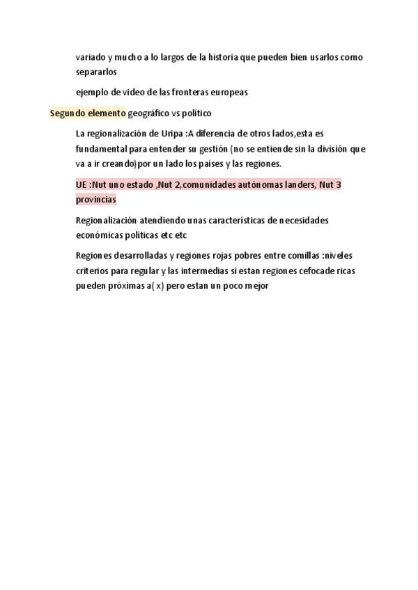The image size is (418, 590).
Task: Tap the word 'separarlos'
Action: [97, 72]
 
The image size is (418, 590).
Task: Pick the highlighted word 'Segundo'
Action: [67, 113]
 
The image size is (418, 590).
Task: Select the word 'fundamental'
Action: [102, 149]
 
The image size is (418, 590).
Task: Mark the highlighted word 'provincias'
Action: [96, 199]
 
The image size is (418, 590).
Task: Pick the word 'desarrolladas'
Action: [136, 255]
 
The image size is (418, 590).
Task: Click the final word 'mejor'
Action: [255, 285]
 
